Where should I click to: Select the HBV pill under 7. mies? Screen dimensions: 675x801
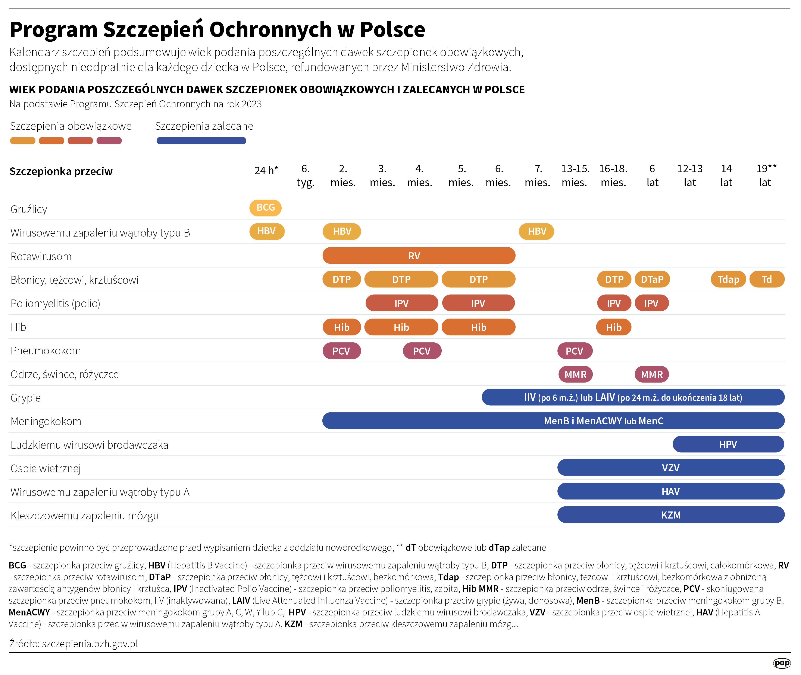click(x=536, y=231)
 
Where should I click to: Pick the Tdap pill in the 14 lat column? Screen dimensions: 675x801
click(x=728, y=279)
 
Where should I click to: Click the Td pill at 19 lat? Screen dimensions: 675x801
click(x=767, y=279)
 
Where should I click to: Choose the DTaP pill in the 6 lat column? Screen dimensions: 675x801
click(x=652, y=279)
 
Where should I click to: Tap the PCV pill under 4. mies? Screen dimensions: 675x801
click(x=422, y=351)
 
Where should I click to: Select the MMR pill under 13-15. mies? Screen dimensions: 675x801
click(x=575, y=375)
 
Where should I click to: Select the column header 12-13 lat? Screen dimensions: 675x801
click(x=690, y=175)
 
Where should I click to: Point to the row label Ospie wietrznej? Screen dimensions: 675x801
click(x=46, y=468)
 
